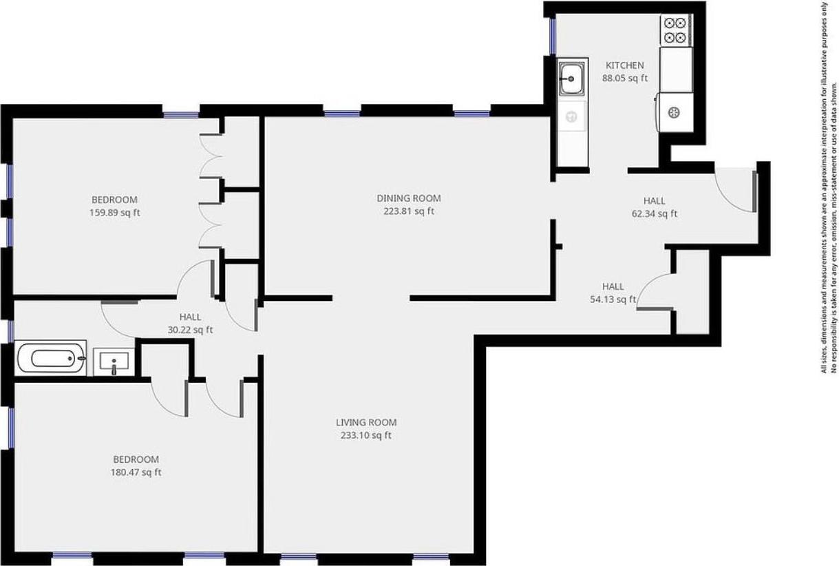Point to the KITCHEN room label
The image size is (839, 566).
pyautogui.click(x=624, y=65)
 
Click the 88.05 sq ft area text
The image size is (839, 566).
pyautogui.click(x=625, y=78)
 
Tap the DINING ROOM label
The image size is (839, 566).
pyautogui.click(x=409, y=198)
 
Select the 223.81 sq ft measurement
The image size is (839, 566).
pyautogui.click(x=409, y=211)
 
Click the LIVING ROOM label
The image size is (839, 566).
pyautogui.click(x=366, y=422)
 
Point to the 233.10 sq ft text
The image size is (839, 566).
pyautogui.click(x=366, y=435)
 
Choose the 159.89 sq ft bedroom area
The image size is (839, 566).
pyautogui.click(x=114, y=213)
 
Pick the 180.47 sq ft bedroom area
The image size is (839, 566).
pyautogui.click(x=136, y=472)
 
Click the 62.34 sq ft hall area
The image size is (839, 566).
pyautogui.click(x=654, y=213)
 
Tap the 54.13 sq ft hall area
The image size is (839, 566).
pyautogui.click(x=613, y=299)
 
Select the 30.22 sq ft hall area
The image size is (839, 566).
pyautogui.click(x=190, y=330)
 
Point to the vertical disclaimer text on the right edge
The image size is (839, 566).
pyautogui.click(x=829, y=186)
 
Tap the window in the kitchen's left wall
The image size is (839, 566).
pyautogui.click(x=552, y=36)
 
